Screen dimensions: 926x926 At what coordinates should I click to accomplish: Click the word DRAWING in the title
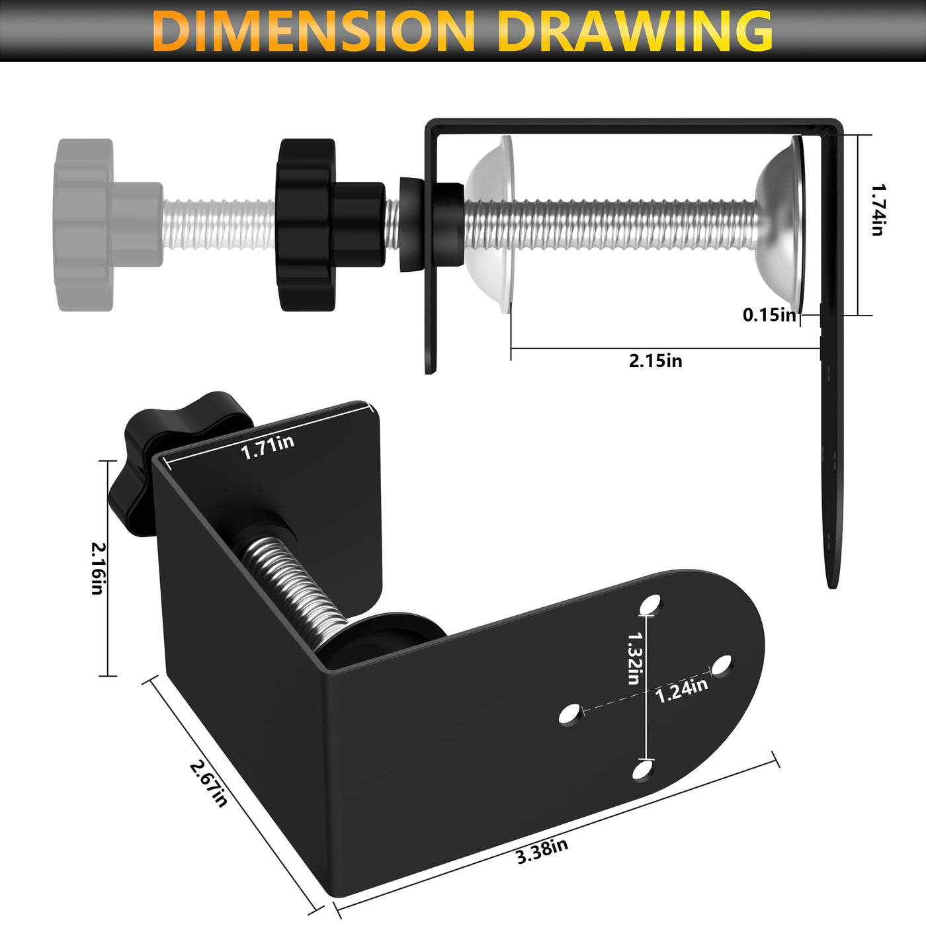pyautogui.click(x=635, y=30)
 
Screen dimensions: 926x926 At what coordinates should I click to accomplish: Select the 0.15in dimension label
pyautogui.click(x=769, y=315)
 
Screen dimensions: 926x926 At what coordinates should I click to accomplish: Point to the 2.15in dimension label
pyautogui.click(x=655, y=360)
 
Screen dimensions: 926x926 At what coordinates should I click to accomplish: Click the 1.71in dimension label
pyautogui.click(x=267, y=447)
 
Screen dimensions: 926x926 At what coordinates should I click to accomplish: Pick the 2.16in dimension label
pyautogui.click(x=99, y=568)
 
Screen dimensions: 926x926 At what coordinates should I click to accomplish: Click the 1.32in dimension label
pyautogui.click(x=634, y=658)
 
